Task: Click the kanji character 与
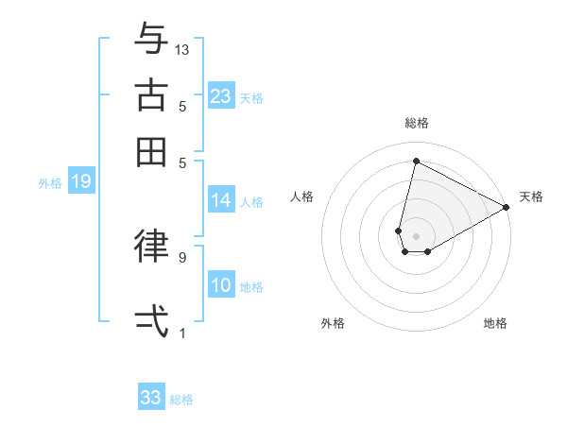point(151,40)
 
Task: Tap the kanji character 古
point(151,95)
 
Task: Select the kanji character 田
point(151,151)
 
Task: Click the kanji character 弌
point(151,319)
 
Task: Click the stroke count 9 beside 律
point(182,256)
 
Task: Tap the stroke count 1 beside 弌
point(182,333)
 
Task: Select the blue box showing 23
point(221,96)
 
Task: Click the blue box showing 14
point(221,200)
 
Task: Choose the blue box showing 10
point(221,286)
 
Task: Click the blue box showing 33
point(151,398)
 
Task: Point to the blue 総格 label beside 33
point(181,400)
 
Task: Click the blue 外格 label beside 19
point(50,183)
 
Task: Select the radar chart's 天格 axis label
point(531,196)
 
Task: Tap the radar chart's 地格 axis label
point(495,323)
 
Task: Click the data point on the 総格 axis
point(416,161)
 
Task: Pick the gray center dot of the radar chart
point(416,235)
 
